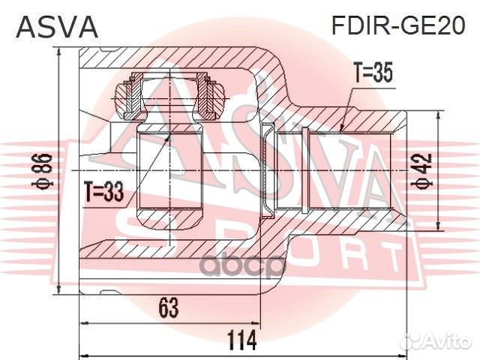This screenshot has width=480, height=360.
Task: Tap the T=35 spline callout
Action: pos(373,73)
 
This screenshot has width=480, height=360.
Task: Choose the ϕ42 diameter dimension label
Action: pos(424,175)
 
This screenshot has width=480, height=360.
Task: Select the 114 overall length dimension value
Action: pos(239,340)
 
